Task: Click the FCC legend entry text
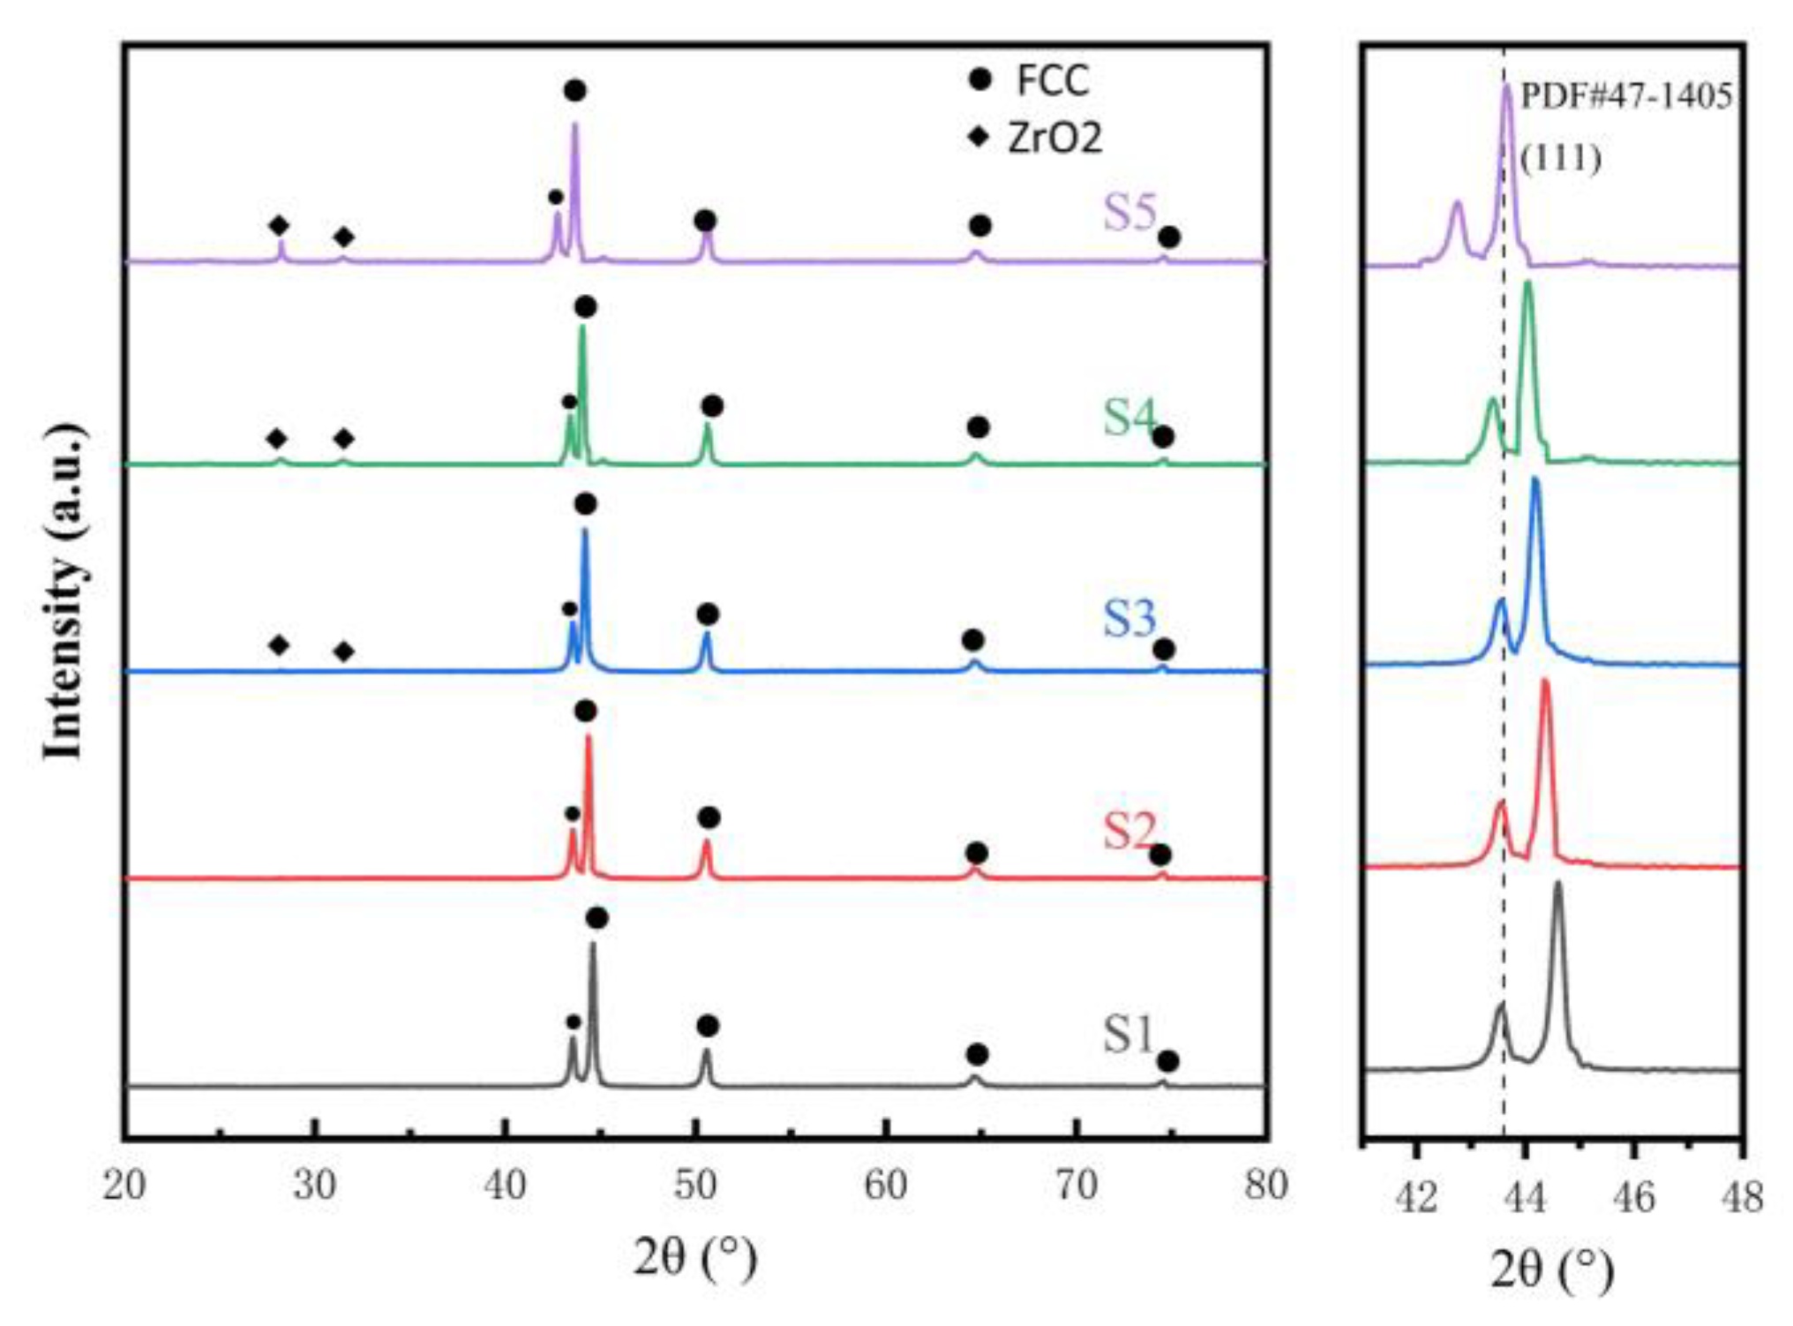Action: pos(1052,80)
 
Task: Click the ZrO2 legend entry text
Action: pos(1055,139)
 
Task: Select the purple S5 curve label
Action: pos(1129,212)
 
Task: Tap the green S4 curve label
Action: pos(1129,417)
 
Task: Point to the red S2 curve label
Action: pos(1129,829)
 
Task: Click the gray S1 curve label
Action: pos(1129,1035)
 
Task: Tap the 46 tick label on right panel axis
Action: pos(1633,1198)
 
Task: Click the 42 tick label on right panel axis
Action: pos(1416,1198)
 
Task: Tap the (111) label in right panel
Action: pos(1560,159)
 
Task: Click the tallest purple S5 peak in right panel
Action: pos(1507,88)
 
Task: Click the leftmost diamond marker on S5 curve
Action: pos(279,226)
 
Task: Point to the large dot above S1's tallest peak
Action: pos(596,919)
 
